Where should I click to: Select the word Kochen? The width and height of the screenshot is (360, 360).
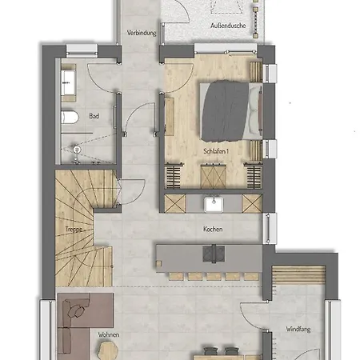213,229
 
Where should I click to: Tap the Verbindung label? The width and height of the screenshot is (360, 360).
140,34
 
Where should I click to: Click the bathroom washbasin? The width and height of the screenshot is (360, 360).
66,80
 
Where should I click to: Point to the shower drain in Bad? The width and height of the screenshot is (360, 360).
78,149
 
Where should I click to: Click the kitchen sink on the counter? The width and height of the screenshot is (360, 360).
213,203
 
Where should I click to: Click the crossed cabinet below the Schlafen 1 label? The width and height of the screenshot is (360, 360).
212,174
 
